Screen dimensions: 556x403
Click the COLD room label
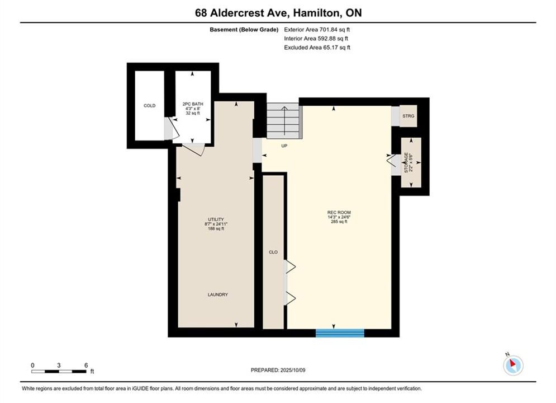(x=149, y=105)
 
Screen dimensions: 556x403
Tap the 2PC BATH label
(x=193, y=104)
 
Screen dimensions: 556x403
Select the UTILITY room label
(x=216, y=219)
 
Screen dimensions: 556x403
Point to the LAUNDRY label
(x=218, y=294)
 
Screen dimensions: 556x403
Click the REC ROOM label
(x=339, y=212)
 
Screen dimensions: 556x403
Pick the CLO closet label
(x=273, y=252)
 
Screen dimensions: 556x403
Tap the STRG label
(x=408, y=116)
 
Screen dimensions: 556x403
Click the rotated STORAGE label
(x=406, y=163)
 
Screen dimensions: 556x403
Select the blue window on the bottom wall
(x=340, y=333)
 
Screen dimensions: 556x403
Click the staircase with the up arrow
(x=284, y=121)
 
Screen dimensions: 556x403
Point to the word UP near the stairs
(x=284, y=146)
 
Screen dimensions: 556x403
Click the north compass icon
(x=513, y=364)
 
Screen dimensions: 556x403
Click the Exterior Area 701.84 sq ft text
(x=317, y=30)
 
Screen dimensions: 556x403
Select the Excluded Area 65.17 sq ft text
(x=317, y=48)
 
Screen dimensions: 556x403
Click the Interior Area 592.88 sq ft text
(x=316, y=39)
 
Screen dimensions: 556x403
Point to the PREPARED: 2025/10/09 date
(x=278, y=370)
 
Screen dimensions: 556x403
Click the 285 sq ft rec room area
(x=339, y=222)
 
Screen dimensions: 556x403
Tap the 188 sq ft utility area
(x=216, y=229)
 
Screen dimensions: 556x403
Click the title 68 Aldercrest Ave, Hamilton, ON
(x=278, y=13)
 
